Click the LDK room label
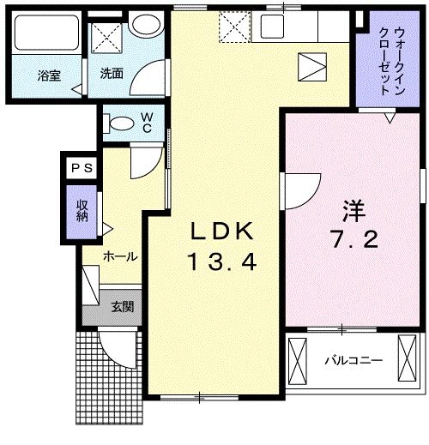pyautogui.click(x=221, y=231)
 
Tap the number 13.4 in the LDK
pyautogui.click(x=221, y=262)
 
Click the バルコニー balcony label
pyautogui.click(x=352, y=359)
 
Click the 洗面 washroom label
pyautogui.click(x=112, y=75)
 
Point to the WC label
pyautogui.click(x=147, y=123)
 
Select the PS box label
pyautogui.click(x=82, y=168)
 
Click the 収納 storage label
pyautogui.click(x=82, y=211)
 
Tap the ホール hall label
pyautogui.click(x=120, y=256)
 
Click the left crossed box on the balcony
pyautogui.click(x=297, y=359)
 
